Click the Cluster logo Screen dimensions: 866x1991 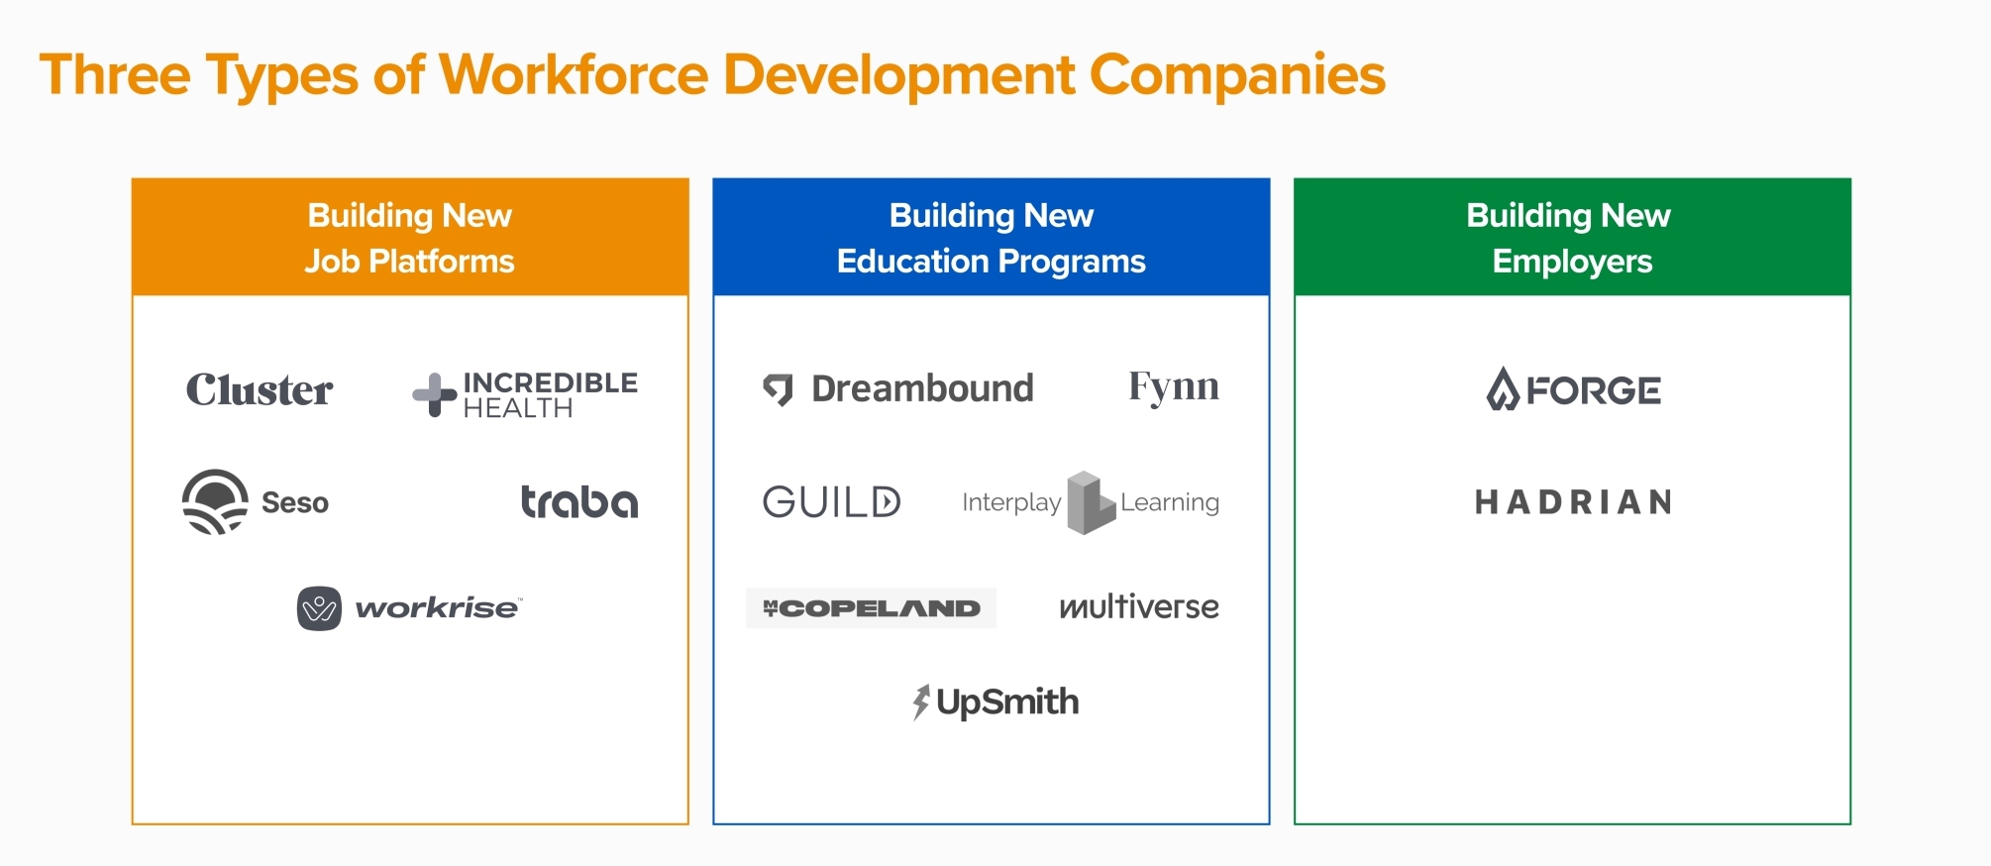[x=260, y=390]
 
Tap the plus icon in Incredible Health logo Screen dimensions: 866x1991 [x=434, y=394]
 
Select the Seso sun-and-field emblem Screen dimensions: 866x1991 [x=215, y=502]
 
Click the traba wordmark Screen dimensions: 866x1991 [x=579, y=501]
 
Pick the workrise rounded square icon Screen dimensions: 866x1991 [x=319, y=608]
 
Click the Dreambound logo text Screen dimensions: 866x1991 [x=922, y=388]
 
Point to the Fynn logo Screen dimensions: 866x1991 [x=1174, y=386]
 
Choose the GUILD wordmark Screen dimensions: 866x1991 [x=832, y=502]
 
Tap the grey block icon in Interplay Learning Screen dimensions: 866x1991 [x=1090, y=502]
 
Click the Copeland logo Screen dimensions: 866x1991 [x=872, y=608]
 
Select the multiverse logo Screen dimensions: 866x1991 [x=1139, y=606]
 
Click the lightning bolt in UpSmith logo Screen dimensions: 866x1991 [x=921, y=702]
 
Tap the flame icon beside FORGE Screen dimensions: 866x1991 [x=1503, y=389]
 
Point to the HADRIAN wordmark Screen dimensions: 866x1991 [x=1573, y=502]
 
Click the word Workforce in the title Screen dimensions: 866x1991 [x=575, y=75]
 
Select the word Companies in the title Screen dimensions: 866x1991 [x=1237, y=75]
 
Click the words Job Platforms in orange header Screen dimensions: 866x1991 [x=409, y=262]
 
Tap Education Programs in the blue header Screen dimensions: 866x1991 [x=991, y=262]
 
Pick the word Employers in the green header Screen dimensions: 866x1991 [x=1572, y=262]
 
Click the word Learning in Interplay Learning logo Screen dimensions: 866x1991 [x=1170, y=503]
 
